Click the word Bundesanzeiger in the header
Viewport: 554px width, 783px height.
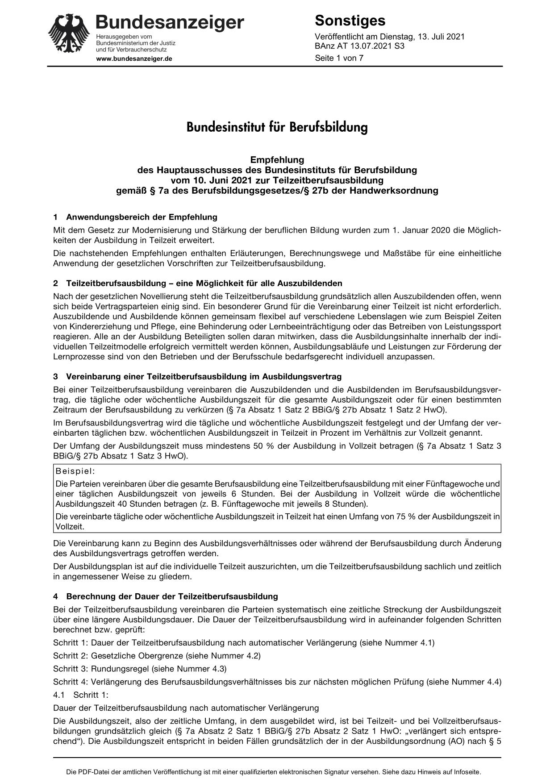(x=170, y=22)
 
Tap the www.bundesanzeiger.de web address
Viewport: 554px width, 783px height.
(x=134, y=58)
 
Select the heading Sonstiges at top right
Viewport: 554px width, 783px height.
(x=350, y=21)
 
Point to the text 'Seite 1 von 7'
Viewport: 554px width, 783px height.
(x=339, y=58)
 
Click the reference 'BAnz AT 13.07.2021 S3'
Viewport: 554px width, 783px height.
(x=359, y=46)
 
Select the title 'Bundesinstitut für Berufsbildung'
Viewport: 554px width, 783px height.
(x=277, y=127)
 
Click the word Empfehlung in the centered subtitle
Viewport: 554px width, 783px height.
(x=277, y=160)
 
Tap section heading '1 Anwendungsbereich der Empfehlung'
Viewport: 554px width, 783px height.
(x=135, y=217)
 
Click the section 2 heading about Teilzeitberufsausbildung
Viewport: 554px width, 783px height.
(x=198, y=283)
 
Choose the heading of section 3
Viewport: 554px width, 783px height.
(x=197, y=377)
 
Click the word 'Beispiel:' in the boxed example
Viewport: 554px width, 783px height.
(x=75, y=471)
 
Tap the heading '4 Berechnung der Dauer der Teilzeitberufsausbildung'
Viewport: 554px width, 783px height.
(x=166, y=596)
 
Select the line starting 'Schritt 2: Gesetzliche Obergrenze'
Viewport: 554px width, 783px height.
(x=157, y=656)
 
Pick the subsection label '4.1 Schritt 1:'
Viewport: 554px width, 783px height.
(x=81, y=695)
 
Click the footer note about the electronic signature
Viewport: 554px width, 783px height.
(x=273, y=771)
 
